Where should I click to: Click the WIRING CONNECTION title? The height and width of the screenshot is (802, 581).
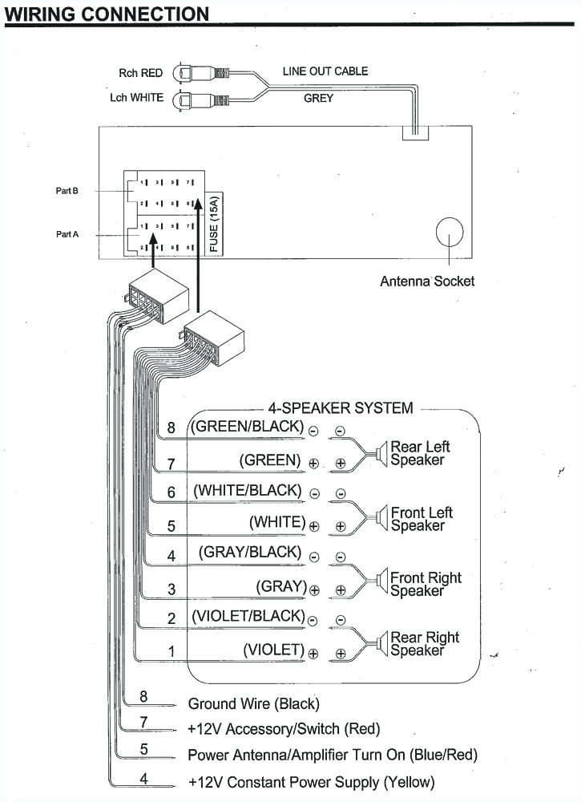pyautogui.click(x=107, y=14)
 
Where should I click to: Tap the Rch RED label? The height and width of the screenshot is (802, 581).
pyautogui.click(x=140, y=73)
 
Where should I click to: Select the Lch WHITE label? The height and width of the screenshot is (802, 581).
pyautogui.click(x=136, y=97)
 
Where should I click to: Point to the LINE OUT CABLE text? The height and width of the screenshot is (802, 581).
pyautogui.click(x=325, y=71)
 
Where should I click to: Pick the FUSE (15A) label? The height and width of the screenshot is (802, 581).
pyautogui.click(x=214, y=227)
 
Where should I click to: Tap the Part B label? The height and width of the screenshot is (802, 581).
pyautogui.click(x=67, y=191)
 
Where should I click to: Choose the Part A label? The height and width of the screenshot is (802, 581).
pyautogui.click(x=67, y=234)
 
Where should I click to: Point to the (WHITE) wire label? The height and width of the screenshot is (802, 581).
pyautogui.click(x=277, y=522)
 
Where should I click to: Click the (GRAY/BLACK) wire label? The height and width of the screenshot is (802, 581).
pyautogui.click(x=250, y=552)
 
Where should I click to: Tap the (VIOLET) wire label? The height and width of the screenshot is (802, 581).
pyautogui.click(x=274, y=649)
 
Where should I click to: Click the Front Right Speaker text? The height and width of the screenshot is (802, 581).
pyautogui.click(x=426, y=585)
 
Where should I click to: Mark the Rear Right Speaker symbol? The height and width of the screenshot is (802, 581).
pyautogui.click(x=379, y=643)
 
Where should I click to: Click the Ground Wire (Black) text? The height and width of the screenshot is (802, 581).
pyautogui.click(x=253, y=703)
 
